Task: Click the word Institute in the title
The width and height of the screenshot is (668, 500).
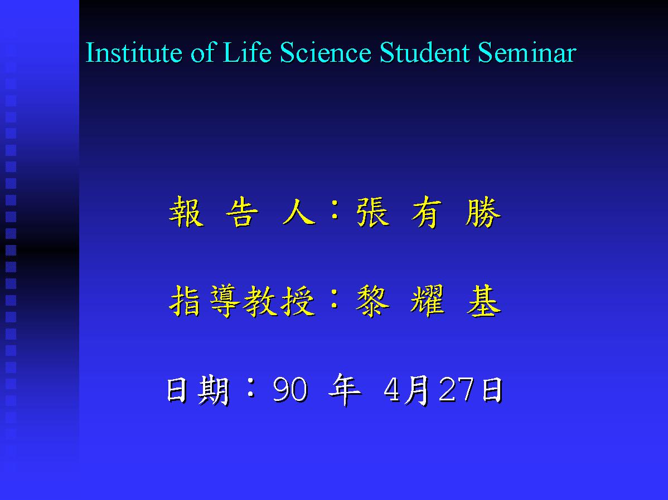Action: [x=134, y=52]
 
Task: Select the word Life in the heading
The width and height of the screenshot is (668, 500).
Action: [x=247, y=52]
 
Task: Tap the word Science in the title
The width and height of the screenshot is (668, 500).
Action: [x=326, y=52]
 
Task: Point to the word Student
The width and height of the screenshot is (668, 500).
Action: [x=425, y=52]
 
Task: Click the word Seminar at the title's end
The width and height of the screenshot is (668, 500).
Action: [x=527, y=52]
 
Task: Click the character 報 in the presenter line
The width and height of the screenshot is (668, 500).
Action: [x=187, y=212]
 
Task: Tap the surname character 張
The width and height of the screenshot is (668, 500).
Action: [x=373, y=212]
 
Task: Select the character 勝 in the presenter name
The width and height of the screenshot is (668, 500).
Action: [x=483, y=212]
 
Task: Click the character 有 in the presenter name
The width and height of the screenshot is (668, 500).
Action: [x=427, y=212]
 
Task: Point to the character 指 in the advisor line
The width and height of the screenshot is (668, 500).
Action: [x=185, y=301]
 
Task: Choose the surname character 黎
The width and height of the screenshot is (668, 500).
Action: [x=373, y=301]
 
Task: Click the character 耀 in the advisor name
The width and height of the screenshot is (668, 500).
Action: [x=428, y=301]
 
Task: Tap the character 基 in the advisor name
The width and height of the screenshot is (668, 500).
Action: [x=484, y=301]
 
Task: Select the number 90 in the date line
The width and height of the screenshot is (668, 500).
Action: [x=290, y=389]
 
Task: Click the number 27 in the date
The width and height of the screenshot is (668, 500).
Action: [x=456, y=389]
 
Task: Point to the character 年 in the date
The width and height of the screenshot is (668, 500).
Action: [x=345, y=389]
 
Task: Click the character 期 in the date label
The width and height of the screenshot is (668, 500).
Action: [x=214, y=389]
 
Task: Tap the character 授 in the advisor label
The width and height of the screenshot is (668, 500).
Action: [x=298, y=301]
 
